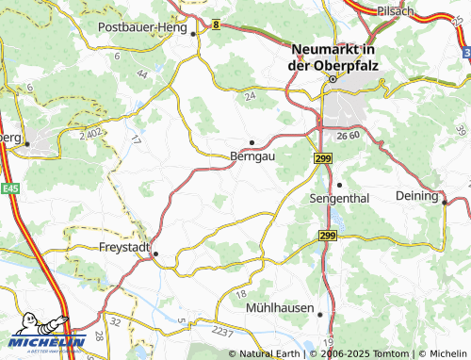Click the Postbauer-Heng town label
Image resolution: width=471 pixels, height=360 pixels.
pos(144,27)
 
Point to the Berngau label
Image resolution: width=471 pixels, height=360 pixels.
pos(252,157)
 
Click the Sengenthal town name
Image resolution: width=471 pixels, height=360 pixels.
pos(344,199)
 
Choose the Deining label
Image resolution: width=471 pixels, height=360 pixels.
pos(416,196)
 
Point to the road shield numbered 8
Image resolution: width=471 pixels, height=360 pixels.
pos(215,25)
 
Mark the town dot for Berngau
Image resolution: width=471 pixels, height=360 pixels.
pos(252,142)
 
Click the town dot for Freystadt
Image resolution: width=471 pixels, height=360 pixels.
pos(156,254)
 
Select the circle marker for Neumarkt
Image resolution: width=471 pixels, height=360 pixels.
pos(331,81)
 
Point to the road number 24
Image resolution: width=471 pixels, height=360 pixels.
pos(250,96)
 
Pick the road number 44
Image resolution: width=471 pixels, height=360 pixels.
pos(142,73)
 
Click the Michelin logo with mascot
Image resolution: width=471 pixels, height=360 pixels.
pos(43,335)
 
